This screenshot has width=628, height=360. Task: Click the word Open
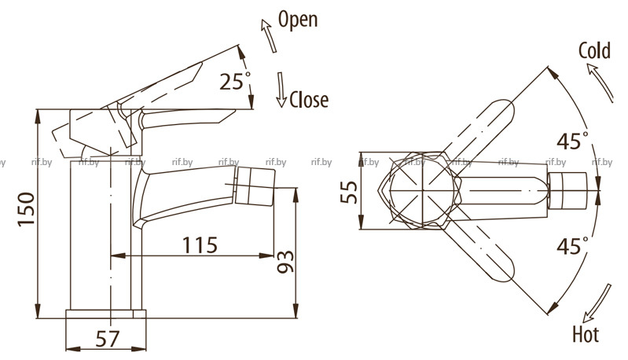click(x=298, y=20)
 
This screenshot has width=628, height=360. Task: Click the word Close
click(x=309, y=99)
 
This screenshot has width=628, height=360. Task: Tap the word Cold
click(x=594, y=50)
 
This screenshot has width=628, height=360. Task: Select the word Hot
click(x=586, y=334)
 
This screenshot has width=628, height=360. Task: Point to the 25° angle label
click(x=235, y=81)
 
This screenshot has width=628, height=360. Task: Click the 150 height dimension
click(x=27, y=209)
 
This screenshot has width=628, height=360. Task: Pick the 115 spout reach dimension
click(x=200, y=244)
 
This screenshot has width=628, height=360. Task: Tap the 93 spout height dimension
click(x=285, y=263)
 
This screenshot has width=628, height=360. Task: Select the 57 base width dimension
click(x=108, y=339)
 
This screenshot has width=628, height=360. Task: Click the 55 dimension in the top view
click(x=349, y=193)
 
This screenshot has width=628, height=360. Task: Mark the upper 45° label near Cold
click(x=573, y=141)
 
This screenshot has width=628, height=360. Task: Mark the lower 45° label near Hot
click(x=573, y=245)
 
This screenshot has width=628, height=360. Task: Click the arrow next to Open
click(x=269, y=35)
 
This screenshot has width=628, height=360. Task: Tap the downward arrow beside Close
click(x=281, y=90)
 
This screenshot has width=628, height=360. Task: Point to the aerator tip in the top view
click(x=567, y=191)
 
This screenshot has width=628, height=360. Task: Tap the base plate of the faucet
click(x=106, y=314)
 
